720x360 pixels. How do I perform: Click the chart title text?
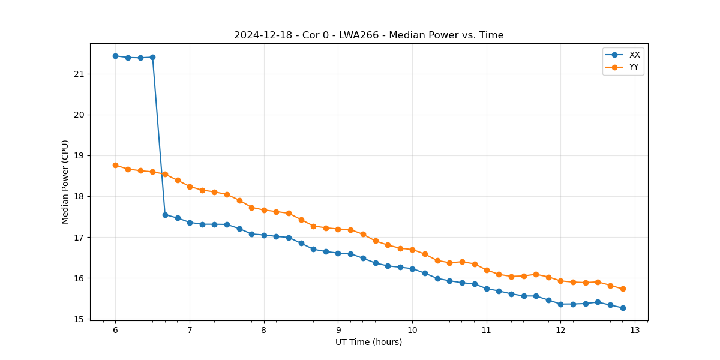pyautogui.click(x=368, y=35)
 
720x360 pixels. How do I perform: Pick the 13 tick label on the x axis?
pyautogui.click(x=635, y=331)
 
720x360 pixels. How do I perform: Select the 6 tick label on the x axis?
pyautogui.click(x=115, y=331)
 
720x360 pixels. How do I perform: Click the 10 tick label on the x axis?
pyautogui.click(x=412, y=331)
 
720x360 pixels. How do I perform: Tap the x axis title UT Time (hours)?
pyautogui.click(x=368, y=342)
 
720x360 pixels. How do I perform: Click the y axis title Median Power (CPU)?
pyautogui.click(x=65, y=182)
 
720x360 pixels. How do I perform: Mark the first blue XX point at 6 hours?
pyautogui.click(x=115, y=56)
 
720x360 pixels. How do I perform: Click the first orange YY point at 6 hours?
pyautogui.click(x=115, y=165)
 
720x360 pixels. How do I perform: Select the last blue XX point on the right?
pyautogui.click(x=623, y=308)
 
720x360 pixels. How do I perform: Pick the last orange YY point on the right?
pyautogui.click(x=623, y=289)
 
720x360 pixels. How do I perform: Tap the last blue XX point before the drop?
pyautogui.click(x=152, y=57)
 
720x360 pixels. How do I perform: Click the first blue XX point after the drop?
pyautogui.click(x=165, y=215)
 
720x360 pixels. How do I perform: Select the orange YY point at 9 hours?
pyautogui.click(x=338, y=229)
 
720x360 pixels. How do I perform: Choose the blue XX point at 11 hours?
pyautogui.click(x=487, y=289)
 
